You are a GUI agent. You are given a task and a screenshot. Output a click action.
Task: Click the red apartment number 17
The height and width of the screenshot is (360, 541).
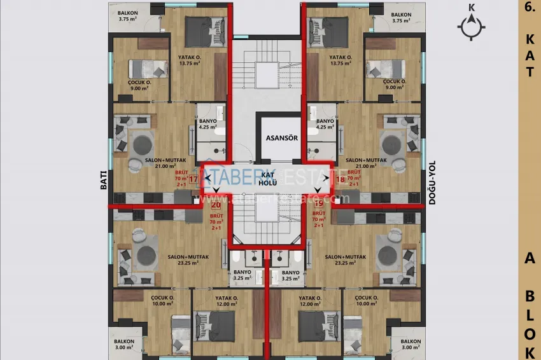pyautogui.click(x=194, y=179)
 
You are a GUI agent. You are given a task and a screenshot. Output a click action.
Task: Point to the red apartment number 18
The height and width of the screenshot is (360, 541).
pyautogui.click(x=339, y=179)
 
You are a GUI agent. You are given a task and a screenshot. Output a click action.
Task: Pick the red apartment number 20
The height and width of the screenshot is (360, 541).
pyautogui.click(x=216, y=205)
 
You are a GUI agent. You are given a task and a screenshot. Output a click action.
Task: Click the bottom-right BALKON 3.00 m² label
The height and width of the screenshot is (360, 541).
pyautogui.click(x=411, y=344)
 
